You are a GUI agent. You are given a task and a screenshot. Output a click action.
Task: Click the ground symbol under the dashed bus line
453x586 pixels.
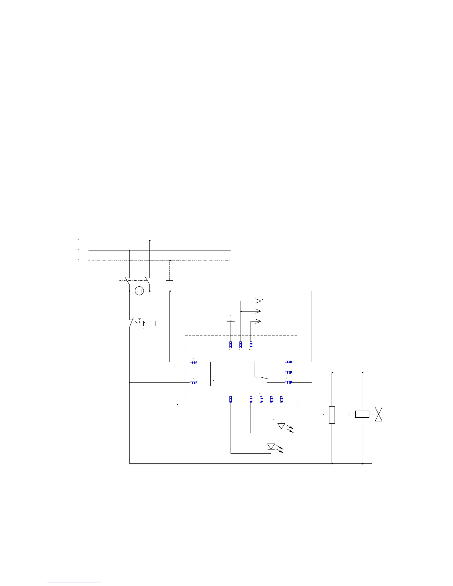pyautogui.click(x=170, y=280)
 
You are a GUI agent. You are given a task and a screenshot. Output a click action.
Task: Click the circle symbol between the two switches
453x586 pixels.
pyautogui.click(x=139, y=291)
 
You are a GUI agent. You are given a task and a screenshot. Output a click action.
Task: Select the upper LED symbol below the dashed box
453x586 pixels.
pyautogui.click(x=281, y=426)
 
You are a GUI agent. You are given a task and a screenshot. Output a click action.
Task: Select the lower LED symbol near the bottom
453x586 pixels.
pyautogui.click(x=271, y=447)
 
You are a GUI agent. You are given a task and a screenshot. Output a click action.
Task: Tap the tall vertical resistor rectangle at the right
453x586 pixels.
pyautogui.click(x=332, y=415)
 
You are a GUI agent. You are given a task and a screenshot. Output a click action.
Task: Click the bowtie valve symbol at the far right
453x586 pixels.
pyautogui.click(x=378, y=414)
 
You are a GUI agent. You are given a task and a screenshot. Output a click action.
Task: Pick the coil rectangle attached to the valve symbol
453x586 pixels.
pyautogui.click(x=362, y=414)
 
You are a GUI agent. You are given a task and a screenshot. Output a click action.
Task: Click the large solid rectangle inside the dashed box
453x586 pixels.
pyautogui.click(x=226, y=374)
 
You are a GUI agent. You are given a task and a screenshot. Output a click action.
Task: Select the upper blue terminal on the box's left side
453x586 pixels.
pyautogui.click(x=193, y=362)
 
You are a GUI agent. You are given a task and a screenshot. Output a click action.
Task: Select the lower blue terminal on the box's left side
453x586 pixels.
pyautogui.click(x=193, y=382)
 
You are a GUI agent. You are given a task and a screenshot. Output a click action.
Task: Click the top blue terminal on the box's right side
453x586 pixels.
pyautogui.click(x=288, y=362)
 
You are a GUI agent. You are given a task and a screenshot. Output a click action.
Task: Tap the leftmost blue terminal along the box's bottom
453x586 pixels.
pyautogui.click(x=231, y=399)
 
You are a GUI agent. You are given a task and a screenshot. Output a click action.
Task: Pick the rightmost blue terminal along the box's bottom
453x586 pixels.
pyautogui.click(x=281, y=399)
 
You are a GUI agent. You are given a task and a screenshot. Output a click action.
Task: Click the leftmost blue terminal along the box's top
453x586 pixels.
pyautogui.click(x=231, y=345)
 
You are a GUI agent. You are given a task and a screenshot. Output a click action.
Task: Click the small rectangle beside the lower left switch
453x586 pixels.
pyautogui.click(x=150, y=324)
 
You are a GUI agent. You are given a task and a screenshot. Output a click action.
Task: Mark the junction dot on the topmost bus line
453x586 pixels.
pyautogui.click(x=150, y=240)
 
